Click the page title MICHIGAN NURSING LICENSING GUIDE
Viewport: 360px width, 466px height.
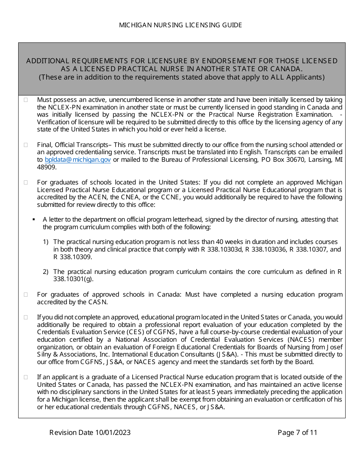[180, 25]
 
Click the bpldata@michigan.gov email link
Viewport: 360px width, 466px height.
[78, 160]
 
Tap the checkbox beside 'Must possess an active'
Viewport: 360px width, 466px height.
[26, 100]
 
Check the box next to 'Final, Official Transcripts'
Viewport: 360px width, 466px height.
[26, 145]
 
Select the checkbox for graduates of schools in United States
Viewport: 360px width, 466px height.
[26, 182]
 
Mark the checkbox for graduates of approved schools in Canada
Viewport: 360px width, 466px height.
[26, 294]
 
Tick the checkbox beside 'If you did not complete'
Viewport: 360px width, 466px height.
[26, 317]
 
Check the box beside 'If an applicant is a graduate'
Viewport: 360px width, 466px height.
[26, 377]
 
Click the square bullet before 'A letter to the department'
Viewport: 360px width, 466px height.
[34, 219]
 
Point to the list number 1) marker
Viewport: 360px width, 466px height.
[45, 242]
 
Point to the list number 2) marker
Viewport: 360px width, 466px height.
[45, 272]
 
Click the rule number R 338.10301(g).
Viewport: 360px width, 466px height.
[73, 279]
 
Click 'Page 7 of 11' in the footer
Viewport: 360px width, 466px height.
[297, 432]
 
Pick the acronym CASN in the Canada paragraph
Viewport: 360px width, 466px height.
[98, 302]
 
